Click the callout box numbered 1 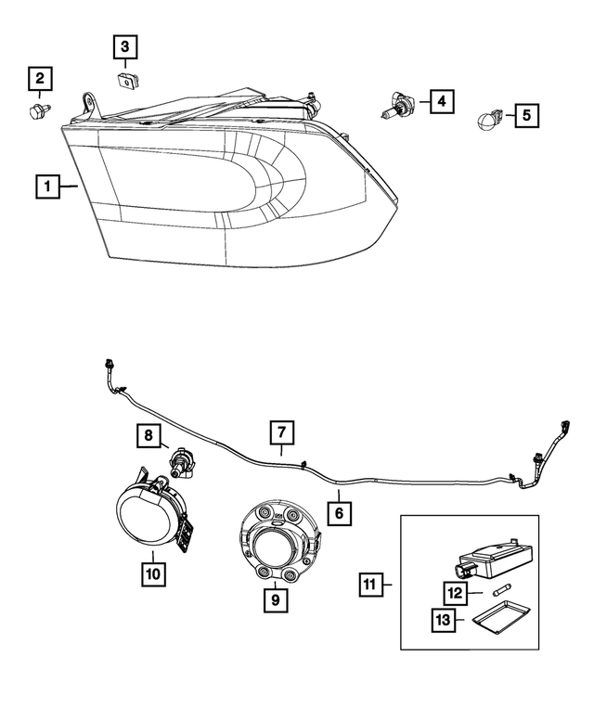pos(44,186)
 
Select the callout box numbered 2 pos(39,79)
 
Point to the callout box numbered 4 pos(442,100)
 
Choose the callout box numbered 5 pos(527,116)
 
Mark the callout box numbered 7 pos(282,432)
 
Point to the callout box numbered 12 pos(455,593)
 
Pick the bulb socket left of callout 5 pos(489,120)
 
